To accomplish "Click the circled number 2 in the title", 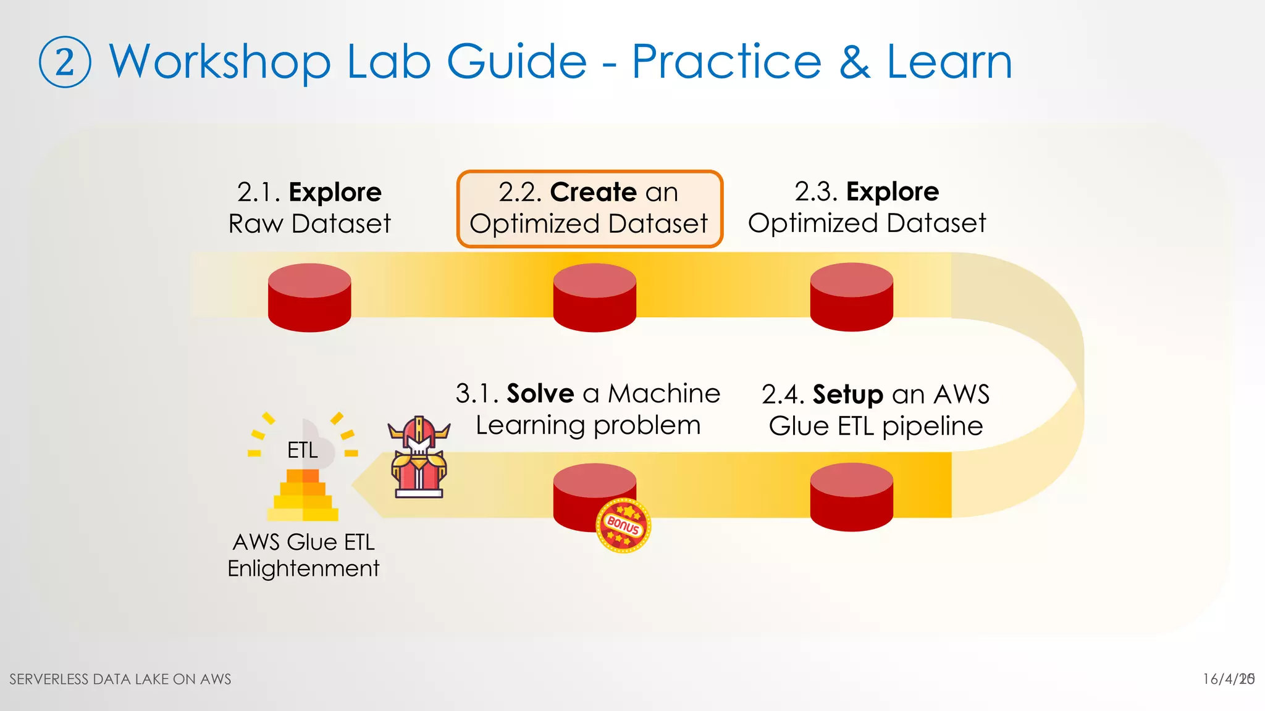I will [x=65, y=62].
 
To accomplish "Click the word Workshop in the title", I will [x=220, y=62].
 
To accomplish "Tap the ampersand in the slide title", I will [x=854, y=62].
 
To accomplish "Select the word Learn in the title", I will [x=949, y=62].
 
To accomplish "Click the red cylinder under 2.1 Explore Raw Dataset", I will [x=309, y=297].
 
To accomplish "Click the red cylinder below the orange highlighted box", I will [x=594, y=297].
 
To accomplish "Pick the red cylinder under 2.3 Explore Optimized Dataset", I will [x=851, y=297].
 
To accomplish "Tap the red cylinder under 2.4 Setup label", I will [x=851, y=497].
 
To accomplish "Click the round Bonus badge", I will [x=623, y=525].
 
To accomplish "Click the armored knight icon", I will [x=418, y=457].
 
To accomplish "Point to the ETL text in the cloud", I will [x=303, y=451].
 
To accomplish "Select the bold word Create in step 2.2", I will [x=592, y=192].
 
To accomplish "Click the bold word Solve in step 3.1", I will [x=540, y=393].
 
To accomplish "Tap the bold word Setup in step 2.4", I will [x=847, y=394].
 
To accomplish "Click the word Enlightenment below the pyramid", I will [x=303, y=568].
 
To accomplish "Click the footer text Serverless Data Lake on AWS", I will [x=120, y=680].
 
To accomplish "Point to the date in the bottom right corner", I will [x=1228, y=679].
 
